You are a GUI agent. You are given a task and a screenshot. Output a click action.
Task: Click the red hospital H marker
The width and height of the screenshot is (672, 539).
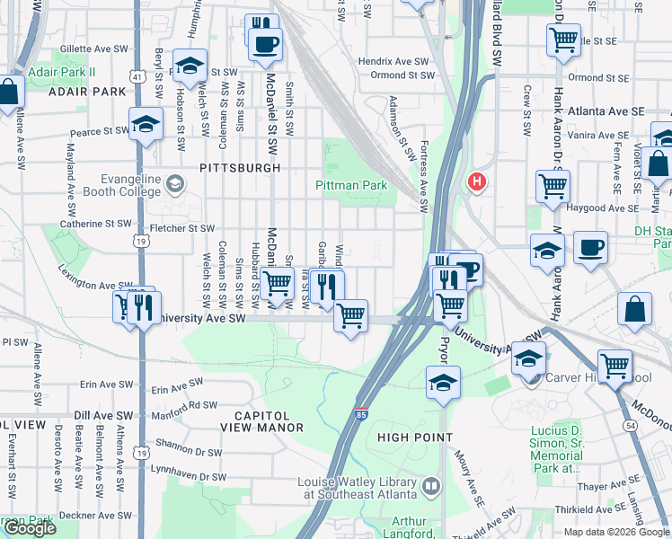(x=476, y=181)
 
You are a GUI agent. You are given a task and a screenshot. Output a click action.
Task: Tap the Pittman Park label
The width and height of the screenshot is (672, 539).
(x=350, y=185)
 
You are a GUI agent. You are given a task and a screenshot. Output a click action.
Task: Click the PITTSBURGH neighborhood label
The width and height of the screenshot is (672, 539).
(x=240, y=168)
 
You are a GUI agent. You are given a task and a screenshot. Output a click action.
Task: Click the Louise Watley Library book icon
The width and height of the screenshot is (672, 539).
(x=432, y=487)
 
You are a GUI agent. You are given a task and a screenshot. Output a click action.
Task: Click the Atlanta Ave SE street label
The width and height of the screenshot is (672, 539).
(x=606, y=110)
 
